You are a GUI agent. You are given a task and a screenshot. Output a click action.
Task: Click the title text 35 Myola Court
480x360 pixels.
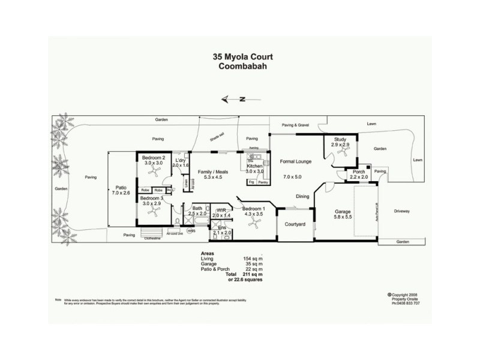[243, 57]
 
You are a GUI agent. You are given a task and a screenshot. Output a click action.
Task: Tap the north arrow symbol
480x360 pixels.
[234, 100]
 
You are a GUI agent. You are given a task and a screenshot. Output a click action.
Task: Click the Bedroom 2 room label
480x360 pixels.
[153, 158]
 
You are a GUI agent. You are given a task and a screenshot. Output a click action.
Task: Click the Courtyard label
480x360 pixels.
[295, 224]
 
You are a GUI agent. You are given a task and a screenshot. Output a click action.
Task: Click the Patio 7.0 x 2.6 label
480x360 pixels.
[121, 190]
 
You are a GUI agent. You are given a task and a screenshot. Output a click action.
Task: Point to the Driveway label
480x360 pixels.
[402, 211]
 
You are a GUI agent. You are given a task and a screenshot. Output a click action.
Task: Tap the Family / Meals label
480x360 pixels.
[214, 173]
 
